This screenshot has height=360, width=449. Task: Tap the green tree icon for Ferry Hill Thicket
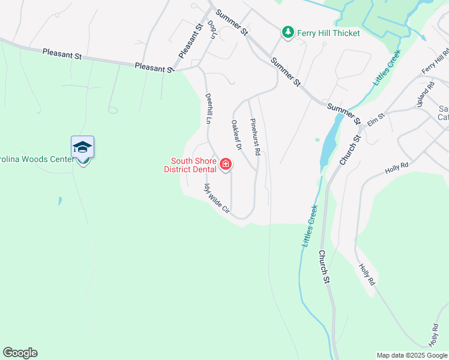tap(288, 32)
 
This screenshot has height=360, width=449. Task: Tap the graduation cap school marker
tap(83, 146)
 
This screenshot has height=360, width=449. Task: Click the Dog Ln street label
tap(211, 29)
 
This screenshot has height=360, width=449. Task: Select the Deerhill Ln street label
tap(209, 108)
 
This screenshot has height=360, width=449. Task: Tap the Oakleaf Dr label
tap(236, 135)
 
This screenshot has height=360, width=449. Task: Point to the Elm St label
tap(375, 121)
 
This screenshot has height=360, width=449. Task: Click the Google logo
tap(20, 353)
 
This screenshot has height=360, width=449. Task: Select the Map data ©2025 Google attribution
tap(412, 355)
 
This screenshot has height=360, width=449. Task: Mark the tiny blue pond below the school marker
tap(60, 200)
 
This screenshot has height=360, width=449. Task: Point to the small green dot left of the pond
tap(318, 140)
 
